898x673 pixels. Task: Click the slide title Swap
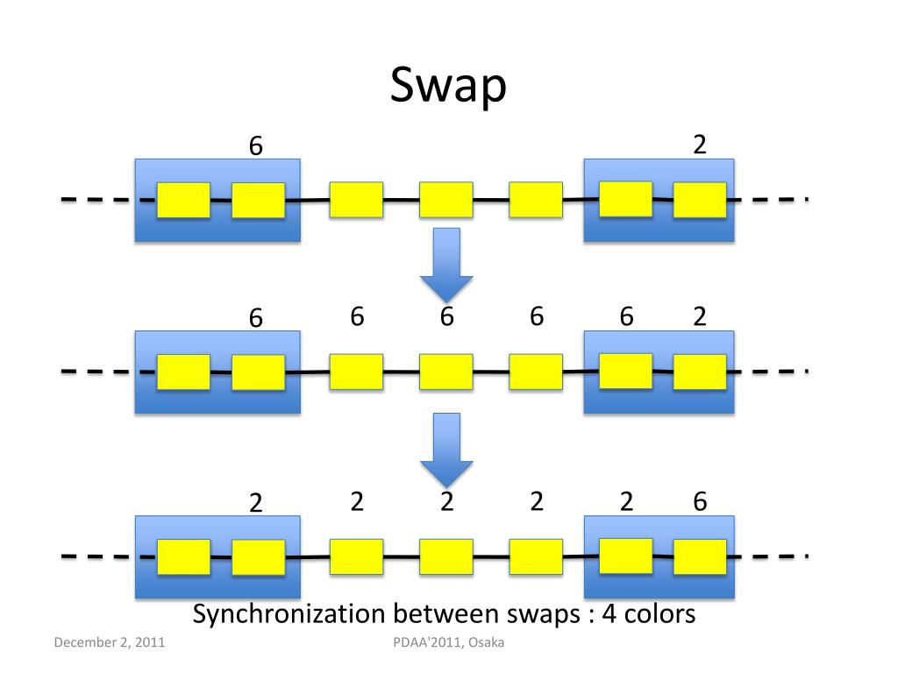448,85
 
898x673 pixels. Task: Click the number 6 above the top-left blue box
255,146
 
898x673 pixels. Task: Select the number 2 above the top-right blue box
699,145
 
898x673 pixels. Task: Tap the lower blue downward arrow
446,450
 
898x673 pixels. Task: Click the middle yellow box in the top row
446,200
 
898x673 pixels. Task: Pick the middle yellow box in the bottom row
446,556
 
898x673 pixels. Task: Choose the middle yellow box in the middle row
446,372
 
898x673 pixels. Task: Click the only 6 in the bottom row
700,501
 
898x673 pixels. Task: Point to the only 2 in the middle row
699,316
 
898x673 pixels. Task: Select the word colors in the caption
659,614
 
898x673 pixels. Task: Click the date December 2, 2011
110,642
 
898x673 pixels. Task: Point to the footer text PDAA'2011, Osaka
448,642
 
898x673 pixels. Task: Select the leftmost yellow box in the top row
183,200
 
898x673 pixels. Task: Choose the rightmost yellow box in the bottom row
700,556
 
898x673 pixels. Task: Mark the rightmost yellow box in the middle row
700,372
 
